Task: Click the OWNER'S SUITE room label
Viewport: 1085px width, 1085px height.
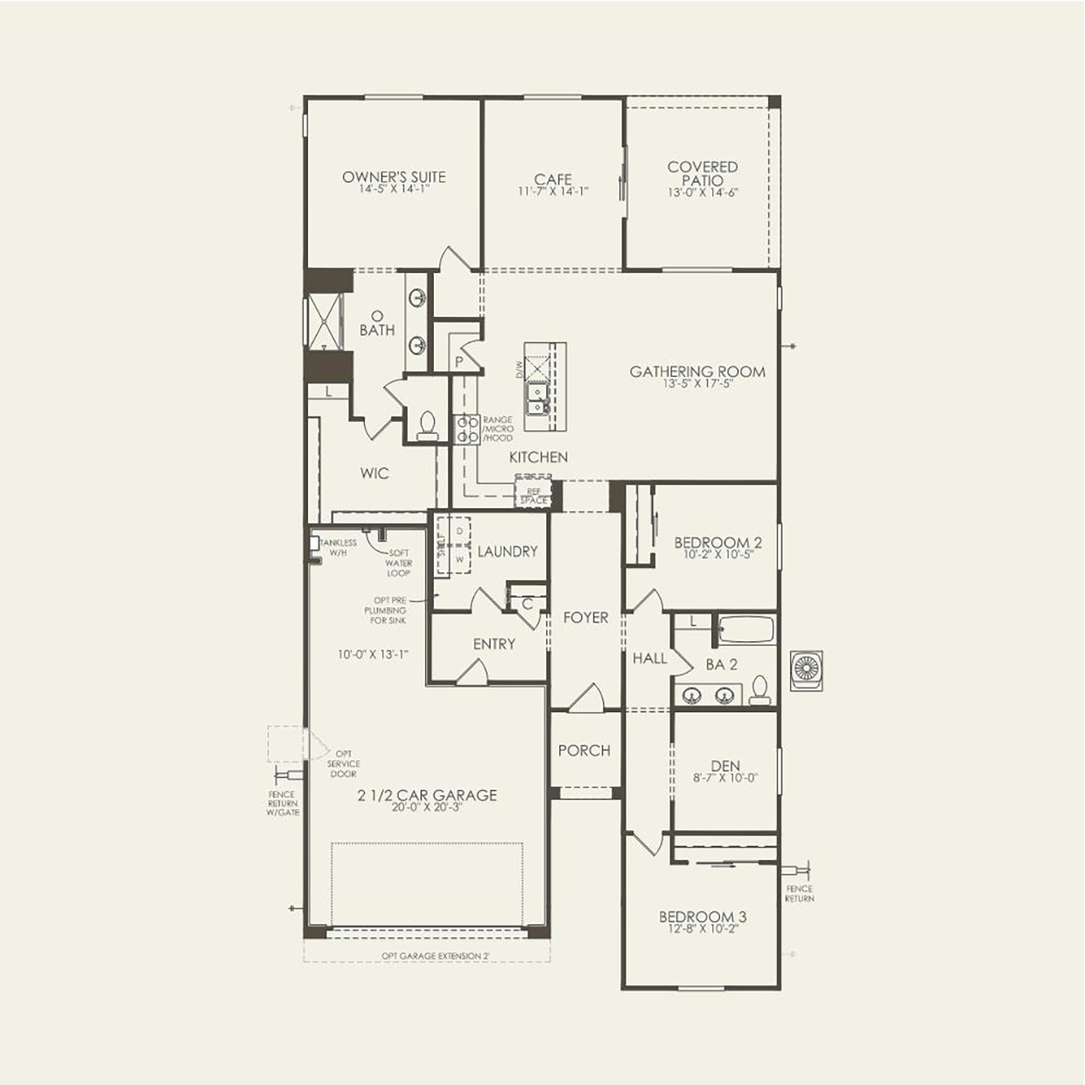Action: click(394, 177)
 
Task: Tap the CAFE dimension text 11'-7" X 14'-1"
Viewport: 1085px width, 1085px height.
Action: click(553, 192)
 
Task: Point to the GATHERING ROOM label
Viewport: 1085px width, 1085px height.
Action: click(697, 372)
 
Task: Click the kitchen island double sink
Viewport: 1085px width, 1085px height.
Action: click(536, 400)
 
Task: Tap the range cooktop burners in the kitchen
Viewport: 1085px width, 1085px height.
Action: click(466, 430)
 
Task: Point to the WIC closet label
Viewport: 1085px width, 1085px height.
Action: click(374, 473)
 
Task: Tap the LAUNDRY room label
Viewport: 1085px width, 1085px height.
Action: click(507, 551)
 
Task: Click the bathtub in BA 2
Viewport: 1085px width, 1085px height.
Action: click(745, 630)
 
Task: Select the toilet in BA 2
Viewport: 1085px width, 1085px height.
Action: click(759, 690)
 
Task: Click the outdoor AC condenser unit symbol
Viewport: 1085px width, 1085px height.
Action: click(806, 670)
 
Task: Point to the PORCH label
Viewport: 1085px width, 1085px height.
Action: click(584, 751)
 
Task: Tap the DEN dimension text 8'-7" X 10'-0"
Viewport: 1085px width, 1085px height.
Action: click(725, 778)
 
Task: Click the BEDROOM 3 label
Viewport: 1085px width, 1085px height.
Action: click(703, 917)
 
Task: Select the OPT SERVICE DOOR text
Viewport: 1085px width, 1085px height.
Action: click(344, 764)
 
